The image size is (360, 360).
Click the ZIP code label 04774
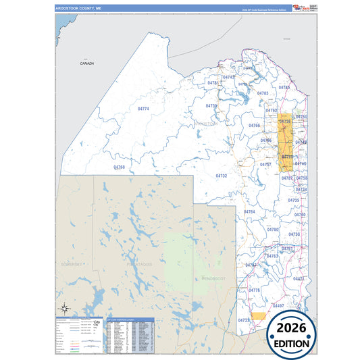coord(143,109)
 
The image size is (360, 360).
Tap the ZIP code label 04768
coord(120,167)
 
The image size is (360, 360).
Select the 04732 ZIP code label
coord(222,176)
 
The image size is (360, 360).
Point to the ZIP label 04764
coord(250,212)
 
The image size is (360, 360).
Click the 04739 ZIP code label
coord(211,106)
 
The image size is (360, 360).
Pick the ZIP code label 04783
coord(263,93)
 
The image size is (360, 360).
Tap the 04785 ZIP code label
coord(284,88)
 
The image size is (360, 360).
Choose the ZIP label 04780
coord(273,230)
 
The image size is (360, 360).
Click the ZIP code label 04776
coord(254,290)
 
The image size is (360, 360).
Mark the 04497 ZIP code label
coord(278,306)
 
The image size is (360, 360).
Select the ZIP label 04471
coord(299,278)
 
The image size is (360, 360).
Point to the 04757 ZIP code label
coord(266,165)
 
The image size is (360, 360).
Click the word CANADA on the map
coord(87,63)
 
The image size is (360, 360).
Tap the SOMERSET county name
coord(74,263)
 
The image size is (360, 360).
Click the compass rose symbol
coord(64,309)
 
